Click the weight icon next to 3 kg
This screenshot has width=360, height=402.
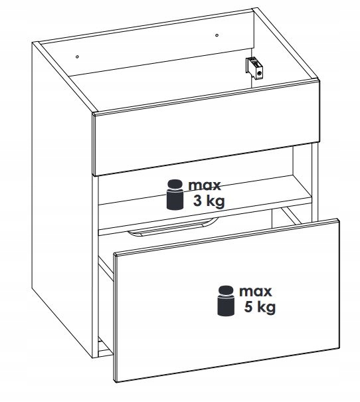(x=175, y=195)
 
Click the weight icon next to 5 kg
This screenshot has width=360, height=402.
(x=226, y=300)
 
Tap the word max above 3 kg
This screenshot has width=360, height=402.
(x=205, y=185)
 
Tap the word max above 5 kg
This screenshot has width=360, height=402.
(x=256, y=292)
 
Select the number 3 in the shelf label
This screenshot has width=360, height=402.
(x=198, y=201)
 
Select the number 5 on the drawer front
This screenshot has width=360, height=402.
(x=248, y=306)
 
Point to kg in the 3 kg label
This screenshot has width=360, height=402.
(x=215, y=201)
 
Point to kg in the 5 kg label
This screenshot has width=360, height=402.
(x=266, y=307)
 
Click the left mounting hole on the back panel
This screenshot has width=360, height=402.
(x=78, y=56)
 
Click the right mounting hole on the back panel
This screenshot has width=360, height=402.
(x=217, y=35)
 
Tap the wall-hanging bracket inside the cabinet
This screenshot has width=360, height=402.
(x=254, y=68)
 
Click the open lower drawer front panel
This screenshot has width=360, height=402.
(x=226, y=300)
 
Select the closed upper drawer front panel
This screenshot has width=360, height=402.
(x=207, y=128)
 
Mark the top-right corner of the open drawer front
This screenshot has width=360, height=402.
(x=338, y=219)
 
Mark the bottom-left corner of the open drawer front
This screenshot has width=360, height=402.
(x=115, y=382)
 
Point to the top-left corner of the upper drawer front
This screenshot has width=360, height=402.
(x=94, y=113)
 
